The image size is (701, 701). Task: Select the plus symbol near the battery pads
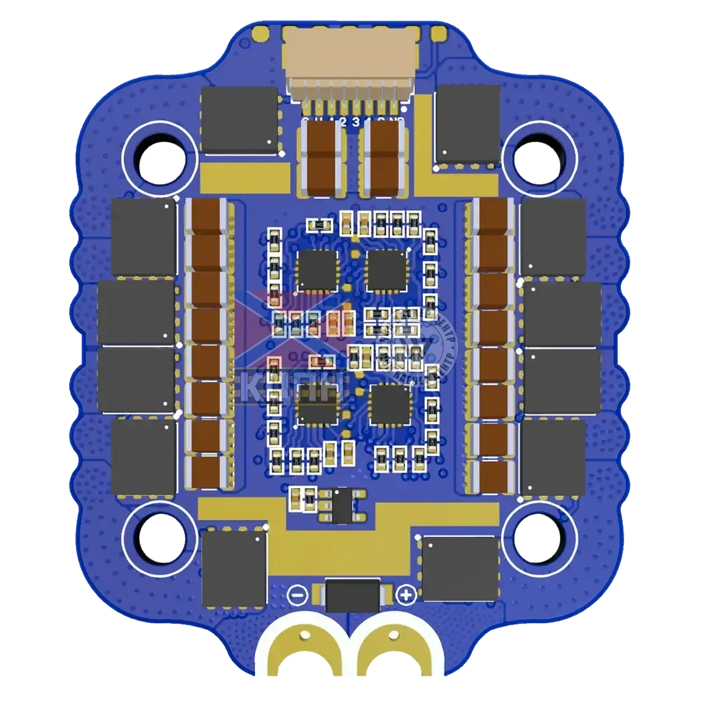[x=405, y=594]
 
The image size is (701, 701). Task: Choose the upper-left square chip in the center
[x=318, y=270]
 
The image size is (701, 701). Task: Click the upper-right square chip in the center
[x=387, y=270]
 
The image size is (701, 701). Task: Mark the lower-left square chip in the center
[x=318, y=405]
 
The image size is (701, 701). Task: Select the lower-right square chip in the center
[x=391, y=405]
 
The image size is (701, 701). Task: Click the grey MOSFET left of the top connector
[x=239, y=120]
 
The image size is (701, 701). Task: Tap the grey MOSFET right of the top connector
[x=467, y=124]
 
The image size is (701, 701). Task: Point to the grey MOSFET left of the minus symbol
[x=234, y=569]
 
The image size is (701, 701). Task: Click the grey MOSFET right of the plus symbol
[x=459, y=567]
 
